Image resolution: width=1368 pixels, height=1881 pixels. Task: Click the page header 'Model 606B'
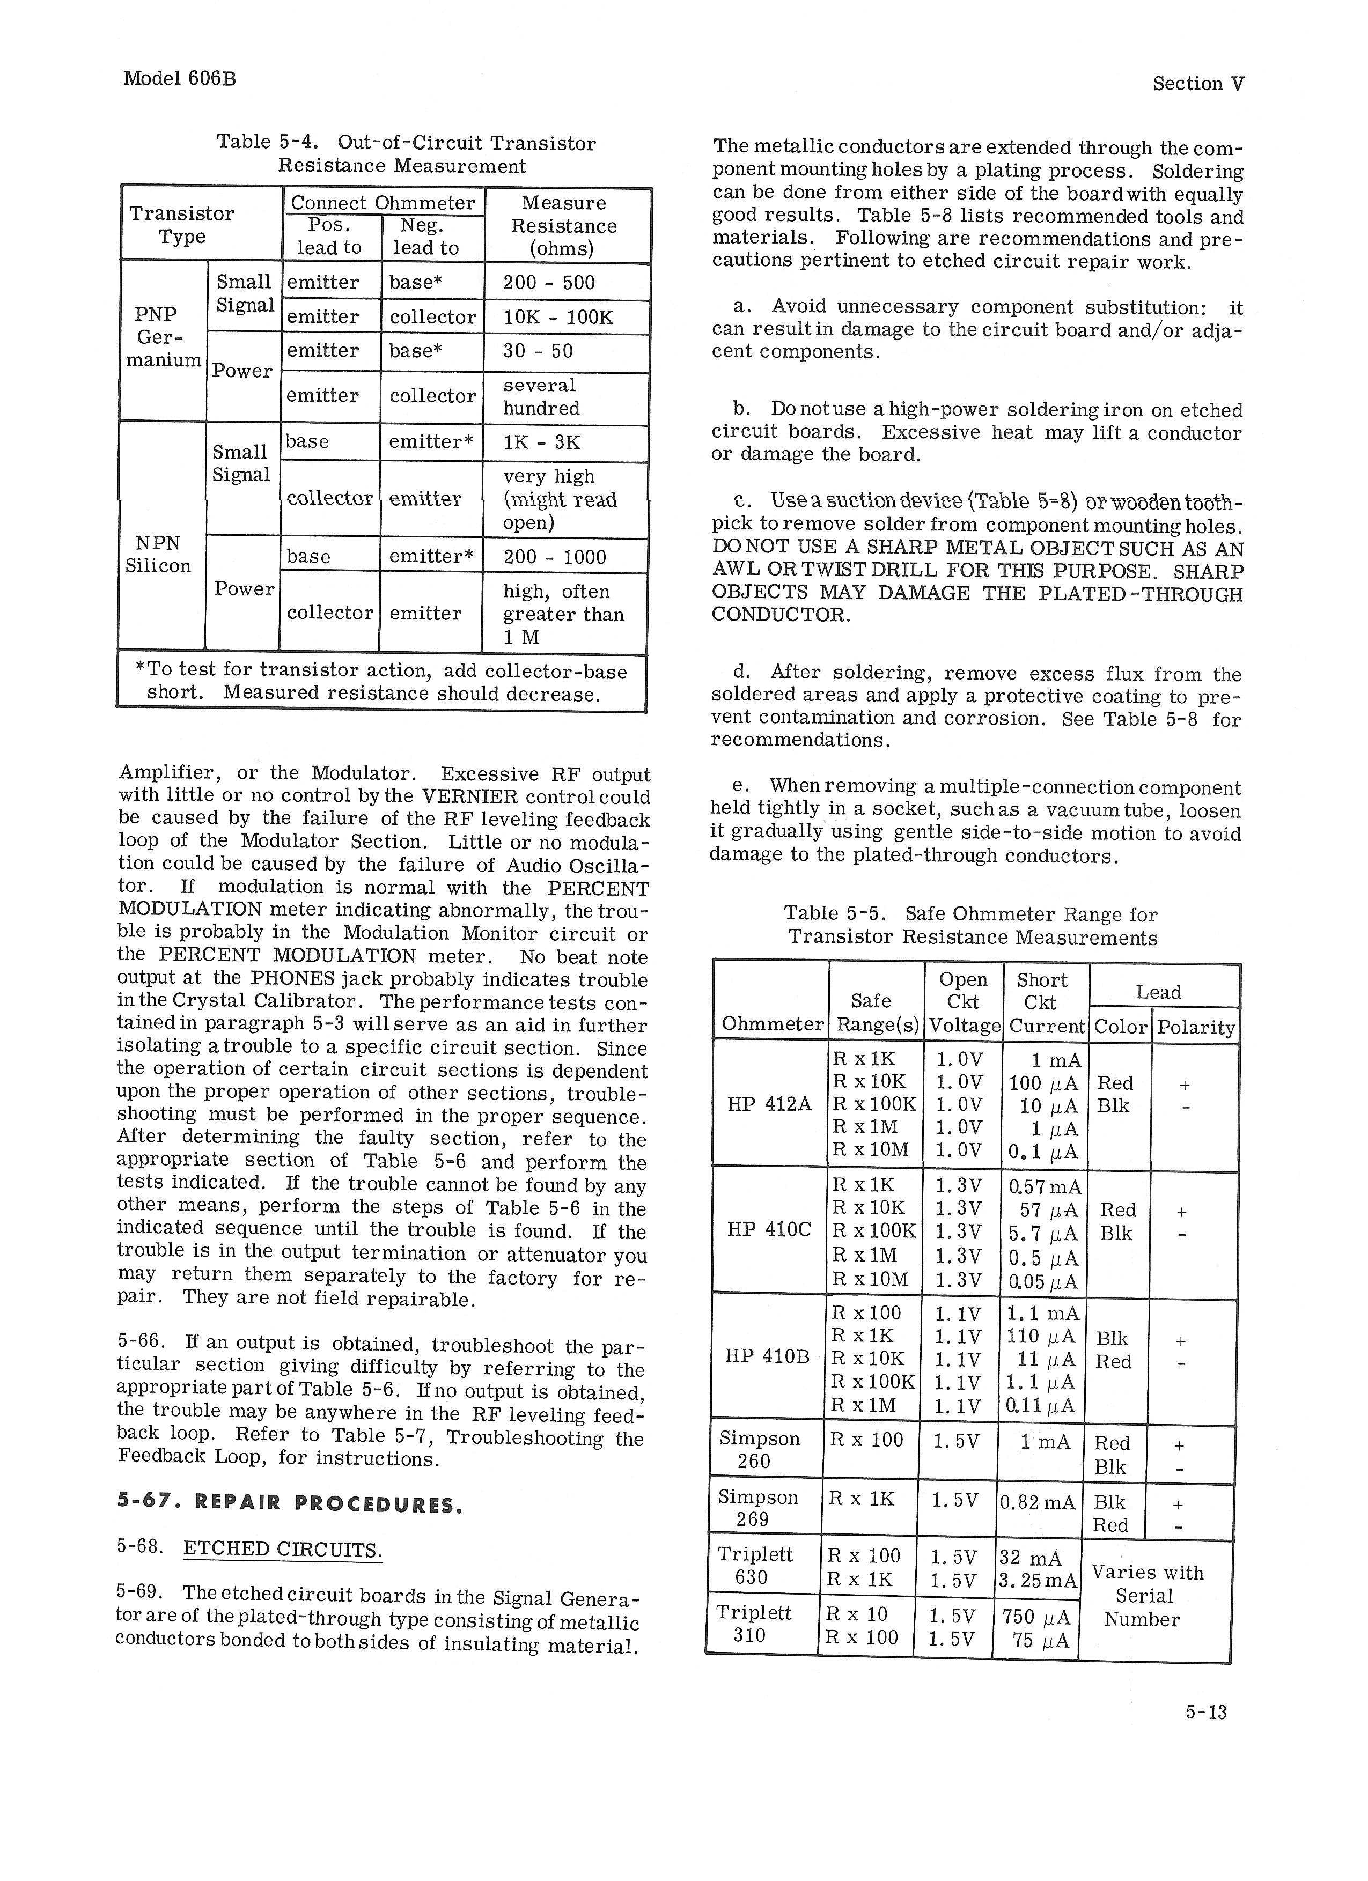tap(179, 79)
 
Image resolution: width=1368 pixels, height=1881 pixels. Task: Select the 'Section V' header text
tap(1198, 84)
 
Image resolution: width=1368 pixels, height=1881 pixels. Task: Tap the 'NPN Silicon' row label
tap(158, 555)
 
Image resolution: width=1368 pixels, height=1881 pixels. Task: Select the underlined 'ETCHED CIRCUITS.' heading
tap(282, 1549)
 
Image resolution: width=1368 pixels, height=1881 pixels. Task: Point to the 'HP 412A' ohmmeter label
tap(768, 1105)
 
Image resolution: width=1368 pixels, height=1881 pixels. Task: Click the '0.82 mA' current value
tap(1037, 1503)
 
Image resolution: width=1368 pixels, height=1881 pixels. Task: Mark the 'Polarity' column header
tap(1195, 1028)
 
